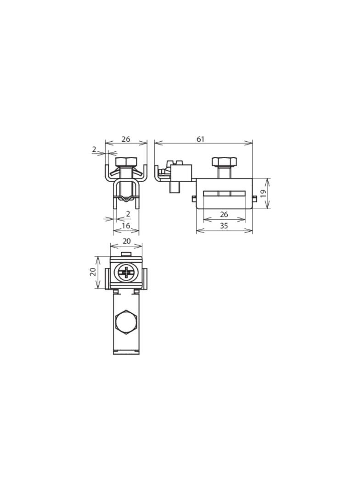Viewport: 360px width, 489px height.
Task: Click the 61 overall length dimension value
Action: pyautogui.click(x=201, y=139)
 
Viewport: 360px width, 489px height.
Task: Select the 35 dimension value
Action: pyautogui.click(x=224, y=226)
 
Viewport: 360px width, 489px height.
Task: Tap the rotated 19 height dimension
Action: pyautogui.click(x=263, y=193)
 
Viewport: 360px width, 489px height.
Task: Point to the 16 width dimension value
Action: pyautogui.click(x=126, y=226)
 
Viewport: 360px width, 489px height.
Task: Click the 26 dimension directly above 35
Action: pyautogui.click(x=224, y=214)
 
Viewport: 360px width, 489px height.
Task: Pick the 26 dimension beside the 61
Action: pyautogui.click(x=126, y=139)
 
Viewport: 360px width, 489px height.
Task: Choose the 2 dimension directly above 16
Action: pyautogui.click(x=128, y=214)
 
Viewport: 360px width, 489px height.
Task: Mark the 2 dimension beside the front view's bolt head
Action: pyautogui.click(x=94, y=149)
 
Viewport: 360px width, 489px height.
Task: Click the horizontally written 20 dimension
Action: pyautogui.click(x=126, y=241)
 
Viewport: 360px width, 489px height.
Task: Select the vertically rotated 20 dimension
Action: pyautogui.click(x=93, y=272)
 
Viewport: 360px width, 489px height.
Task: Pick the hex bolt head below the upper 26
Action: pyautogui.click(x=126, y=162)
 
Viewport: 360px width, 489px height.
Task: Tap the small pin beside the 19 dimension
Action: pyautogui.click(x=254, y=198)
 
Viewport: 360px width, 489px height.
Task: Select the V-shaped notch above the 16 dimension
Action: pyautogui.click(x=126, y=199)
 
